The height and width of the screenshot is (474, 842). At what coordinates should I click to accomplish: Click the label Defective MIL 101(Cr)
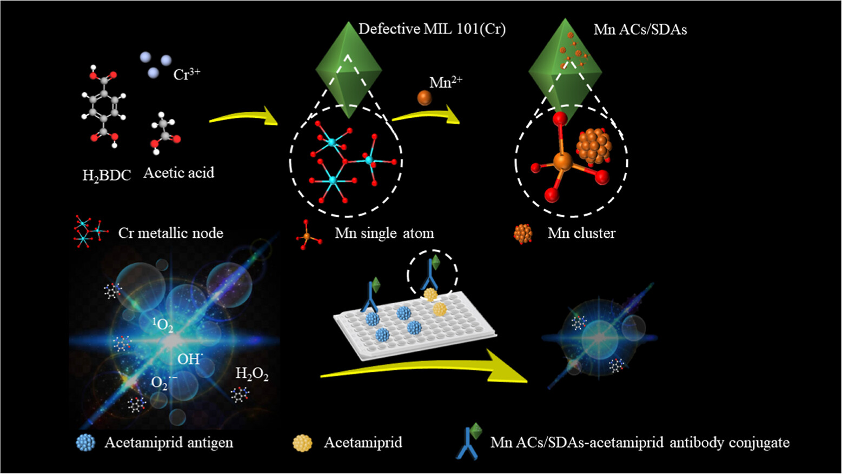(432, 29)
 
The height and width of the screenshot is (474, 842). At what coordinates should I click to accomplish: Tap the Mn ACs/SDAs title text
(640, 29)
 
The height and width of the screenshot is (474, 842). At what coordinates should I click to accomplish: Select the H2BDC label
(106, 175)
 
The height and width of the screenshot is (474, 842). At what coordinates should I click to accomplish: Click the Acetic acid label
(178, 173)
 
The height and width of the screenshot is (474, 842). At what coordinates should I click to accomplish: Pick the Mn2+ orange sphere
(425, 98)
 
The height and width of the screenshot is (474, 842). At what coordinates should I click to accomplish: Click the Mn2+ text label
(446, 82)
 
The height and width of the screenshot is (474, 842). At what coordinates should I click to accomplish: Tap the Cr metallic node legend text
(170, 233)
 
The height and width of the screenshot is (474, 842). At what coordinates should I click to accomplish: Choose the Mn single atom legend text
(384, 233)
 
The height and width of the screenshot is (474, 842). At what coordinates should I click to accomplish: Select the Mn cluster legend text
(581, 233)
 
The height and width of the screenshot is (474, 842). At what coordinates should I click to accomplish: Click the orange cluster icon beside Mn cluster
(523, 233)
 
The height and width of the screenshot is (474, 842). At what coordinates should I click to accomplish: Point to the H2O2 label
(252, 373)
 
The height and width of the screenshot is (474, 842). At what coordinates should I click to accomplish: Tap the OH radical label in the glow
(189, 358)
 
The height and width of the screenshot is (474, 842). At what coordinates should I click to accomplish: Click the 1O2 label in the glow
(162, 325)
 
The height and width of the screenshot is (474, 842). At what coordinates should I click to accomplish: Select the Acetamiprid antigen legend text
(169, 443)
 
